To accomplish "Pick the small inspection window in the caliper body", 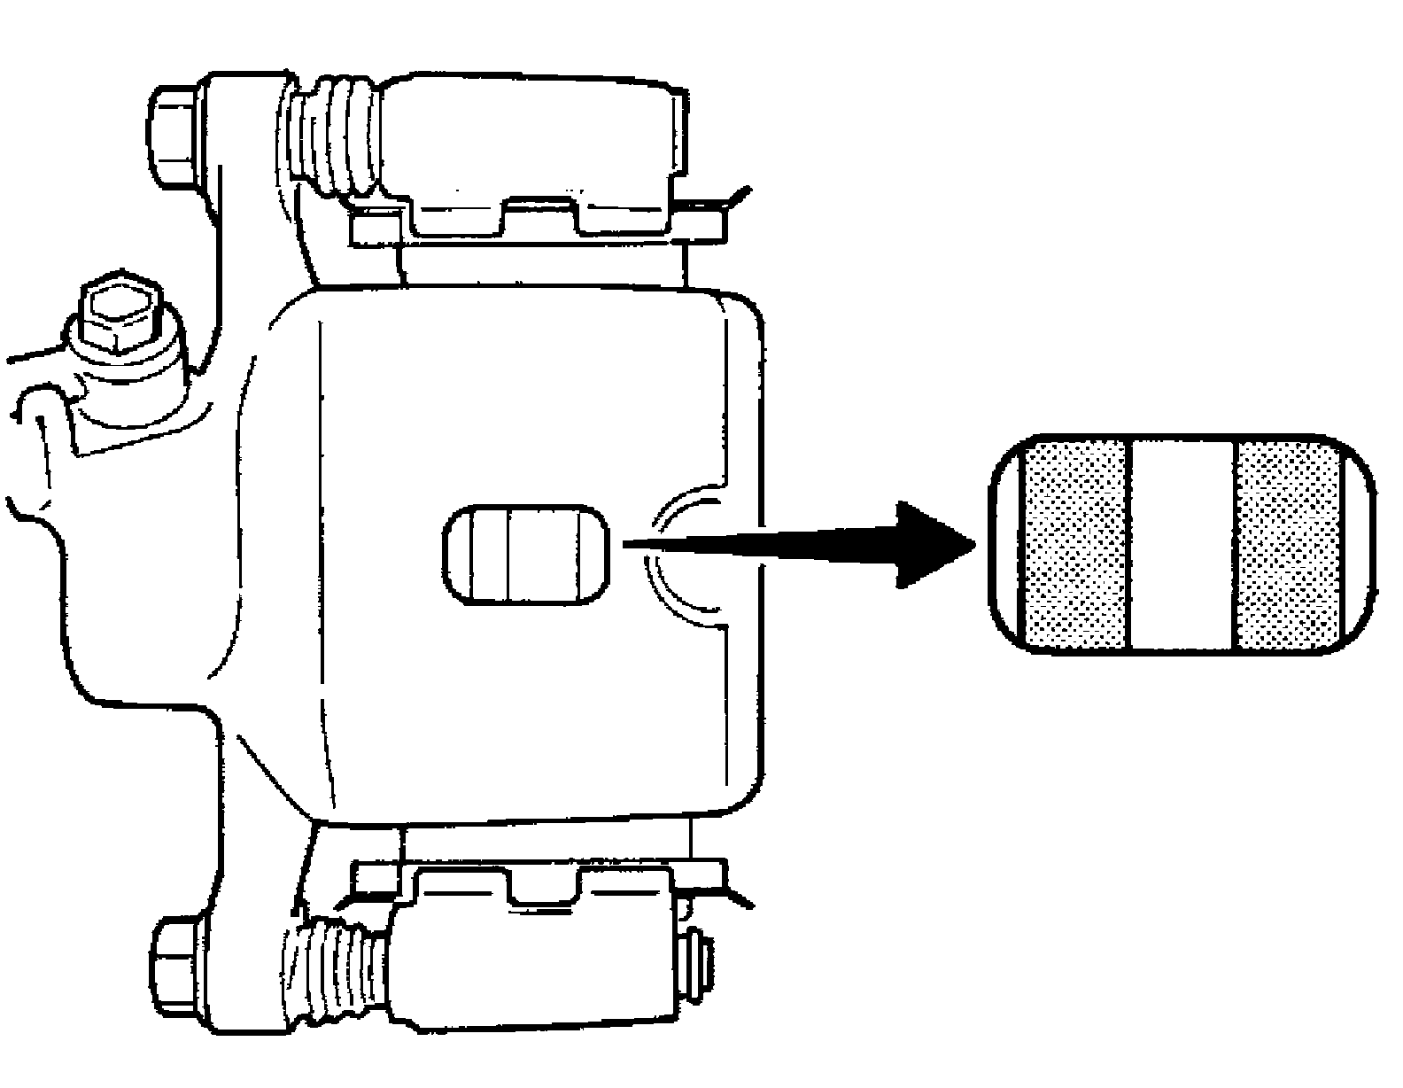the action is [526, 556].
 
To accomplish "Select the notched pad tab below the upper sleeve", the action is [540, 217].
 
